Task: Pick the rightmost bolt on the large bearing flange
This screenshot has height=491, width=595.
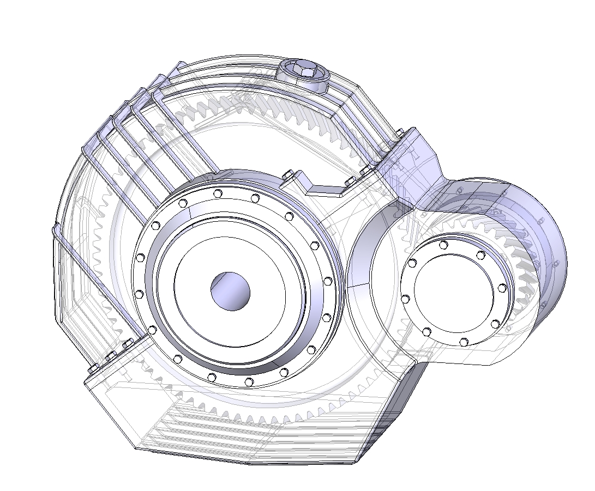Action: [x=327, y=282]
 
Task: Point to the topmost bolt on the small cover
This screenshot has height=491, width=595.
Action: [x=443, y=244]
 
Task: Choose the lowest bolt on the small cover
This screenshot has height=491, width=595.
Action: [x=463, y=342]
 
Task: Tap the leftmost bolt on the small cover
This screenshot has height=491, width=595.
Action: [x=405, y=299]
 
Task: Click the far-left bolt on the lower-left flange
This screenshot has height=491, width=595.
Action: [x=91, y=370]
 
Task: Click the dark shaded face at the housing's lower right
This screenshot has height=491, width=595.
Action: [x=393, y=414]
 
